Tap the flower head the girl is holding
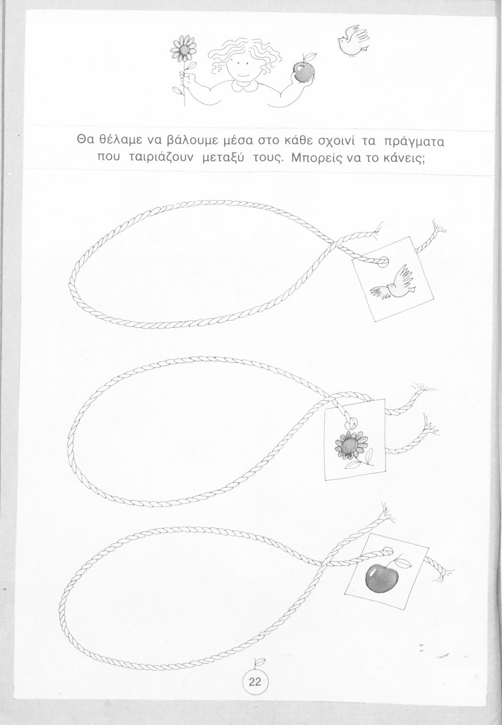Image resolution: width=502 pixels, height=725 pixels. pos(184,49)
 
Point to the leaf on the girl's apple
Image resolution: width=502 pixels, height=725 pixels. pos(310,56)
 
